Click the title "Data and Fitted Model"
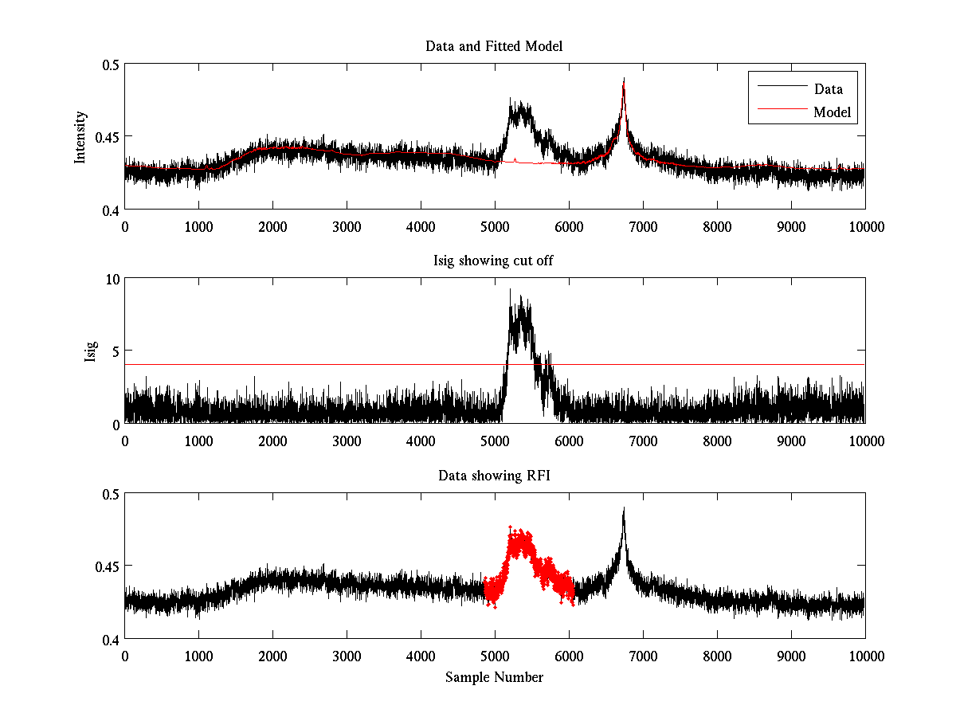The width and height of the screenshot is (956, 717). tap(494, 46)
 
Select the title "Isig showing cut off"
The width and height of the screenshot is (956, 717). tap(494, 261)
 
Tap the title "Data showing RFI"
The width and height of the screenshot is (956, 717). tap(494, 476)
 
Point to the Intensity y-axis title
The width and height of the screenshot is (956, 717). tap(80, 137)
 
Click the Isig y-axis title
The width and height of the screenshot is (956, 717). tap(91, 351)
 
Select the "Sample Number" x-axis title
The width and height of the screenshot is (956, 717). tap(494, 677)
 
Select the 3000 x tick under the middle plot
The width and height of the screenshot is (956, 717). tap(347, 441)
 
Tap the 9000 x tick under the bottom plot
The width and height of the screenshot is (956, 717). tap(791, 656)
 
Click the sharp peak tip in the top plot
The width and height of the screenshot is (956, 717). tap(624, 79)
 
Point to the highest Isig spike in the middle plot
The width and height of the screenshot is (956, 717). tap(510, 290)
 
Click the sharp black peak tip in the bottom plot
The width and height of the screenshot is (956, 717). tap(624, 508)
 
